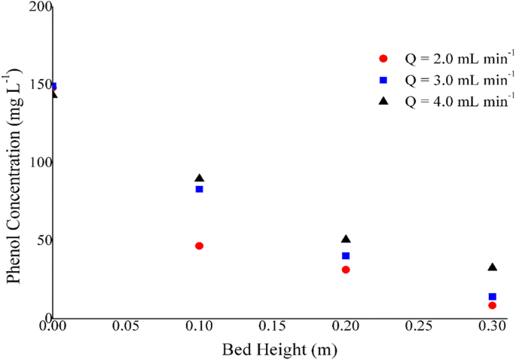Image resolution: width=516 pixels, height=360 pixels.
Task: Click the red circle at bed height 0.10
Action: pyautogui.click(x=199, y=246)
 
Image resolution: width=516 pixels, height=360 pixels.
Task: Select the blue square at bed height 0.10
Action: pyautogui.click(x=199, y=189)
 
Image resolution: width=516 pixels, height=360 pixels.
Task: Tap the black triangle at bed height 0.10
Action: pyautogui.click(x=199, y=178)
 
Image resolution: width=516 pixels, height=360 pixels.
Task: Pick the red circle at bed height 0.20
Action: pyautogui.click(x=346, y=269)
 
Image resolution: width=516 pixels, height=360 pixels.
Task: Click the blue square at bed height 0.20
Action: pyautogui.click(x=346, y=256)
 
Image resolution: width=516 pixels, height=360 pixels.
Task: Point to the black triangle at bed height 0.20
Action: pyautogui.click(x=346, y=239)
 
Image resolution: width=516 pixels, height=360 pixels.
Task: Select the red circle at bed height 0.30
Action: pyautogui.click(x=492, y=305)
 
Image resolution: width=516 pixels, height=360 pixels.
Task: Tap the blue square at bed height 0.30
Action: pyautogui.click(x=492, y=297)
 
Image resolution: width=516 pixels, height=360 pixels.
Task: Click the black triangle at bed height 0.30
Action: pyautogui.click(x=492, y=267)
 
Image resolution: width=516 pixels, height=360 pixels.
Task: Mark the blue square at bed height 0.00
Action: pyautogui.click(x=53, y=87)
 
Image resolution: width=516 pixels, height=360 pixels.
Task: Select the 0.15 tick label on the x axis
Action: pyautogui.click(x=272, y=329)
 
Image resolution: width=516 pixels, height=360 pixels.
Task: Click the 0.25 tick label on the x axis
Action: pyautogui.click(x=418, y=329)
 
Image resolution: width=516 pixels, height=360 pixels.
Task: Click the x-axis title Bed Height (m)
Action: pyautogui.click(x=279, y=350)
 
